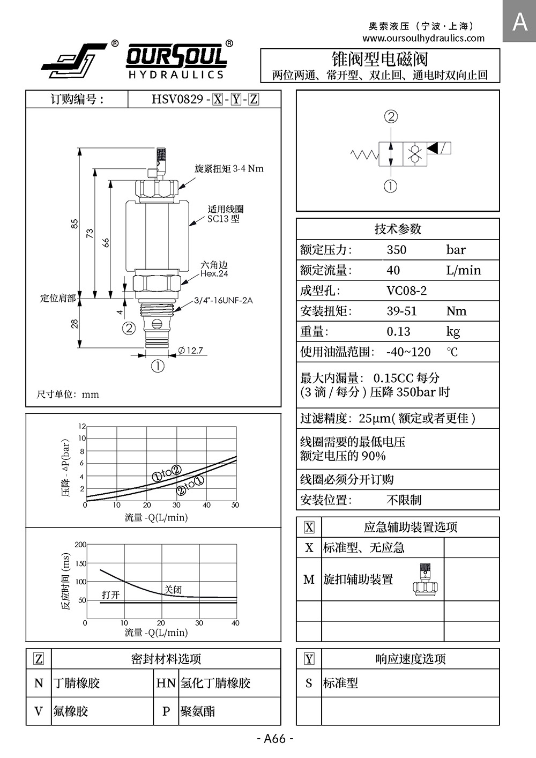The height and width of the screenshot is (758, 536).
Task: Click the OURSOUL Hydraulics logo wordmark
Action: pos(176,61)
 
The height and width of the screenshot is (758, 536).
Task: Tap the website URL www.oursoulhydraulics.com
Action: pos(423,38)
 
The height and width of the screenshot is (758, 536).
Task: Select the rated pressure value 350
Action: pos(396,250)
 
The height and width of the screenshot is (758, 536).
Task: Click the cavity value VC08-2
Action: pos(407,291)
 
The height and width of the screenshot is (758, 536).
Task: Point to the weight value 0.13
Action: pos(398,331)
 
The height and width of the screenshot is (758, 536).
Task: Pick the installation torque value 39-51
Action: pos(401,311)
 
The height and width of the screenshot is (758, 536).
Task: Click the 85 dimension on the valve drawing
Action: pos(75,224)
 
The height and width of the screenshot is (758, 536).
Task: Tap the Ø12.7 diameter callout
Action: pos(190,350)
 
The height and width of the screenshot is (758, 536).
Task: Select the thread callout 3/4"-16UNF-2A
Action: pos(224,300)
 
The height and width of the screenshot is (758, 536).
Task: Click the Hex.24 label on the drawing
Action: pos(214,274)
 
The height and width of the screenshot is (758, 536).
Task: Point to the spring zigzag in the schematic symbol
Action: pos(364,154)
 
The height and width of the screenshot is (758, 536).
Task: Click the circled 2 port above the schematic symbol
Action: pos(391,117)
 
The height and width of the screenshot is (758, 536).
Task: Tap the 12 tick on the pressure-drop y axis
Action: pos(82,426)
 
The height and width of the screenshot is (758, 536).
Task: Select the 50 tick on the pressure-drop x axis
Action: pos(235,505)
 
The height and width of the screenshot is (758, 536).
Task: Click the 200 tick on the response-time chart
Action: pos(80,545)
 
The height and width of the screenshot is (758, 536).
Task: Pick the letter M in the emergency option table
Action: pos(309,579)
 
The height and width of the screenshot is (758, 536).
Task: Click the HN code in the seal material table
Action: pos(166,683)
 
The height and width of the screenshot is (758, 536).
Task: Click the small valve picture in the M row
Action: pos(426,579)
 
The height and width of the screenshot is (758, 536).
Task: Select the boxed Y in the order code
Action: pos(236,100)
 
